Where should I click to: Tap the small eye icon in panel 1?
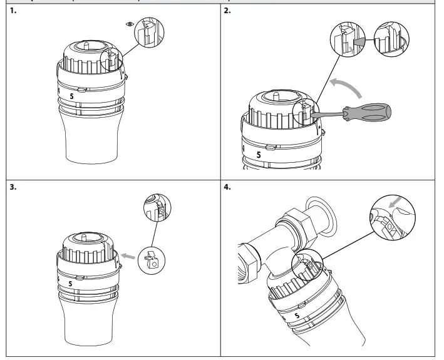click(129, 23)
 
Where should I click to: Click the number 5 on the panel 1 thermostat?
click(72, 96)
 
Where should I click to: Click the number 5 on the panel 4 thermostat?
click(296, 316)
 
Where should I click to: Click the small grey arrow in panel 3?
click(129, 255)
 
